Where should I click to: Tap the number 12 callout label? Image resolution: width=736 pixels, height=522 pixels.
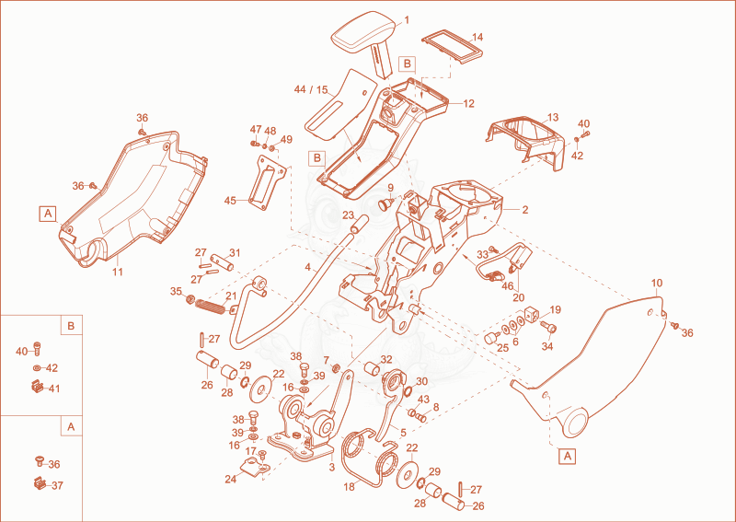point(468,104)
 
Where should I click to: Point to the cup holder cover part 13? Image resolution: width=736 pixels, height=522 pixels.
point(525,139)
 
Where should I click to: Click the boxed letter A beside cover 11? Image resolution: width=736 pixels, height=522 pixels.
point(48,214)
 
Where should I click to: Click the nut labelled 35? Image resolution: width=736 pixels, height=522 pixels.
point(190,298)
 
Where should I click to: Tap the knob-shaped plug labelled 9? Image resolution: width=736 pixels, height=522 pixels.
point(386,203)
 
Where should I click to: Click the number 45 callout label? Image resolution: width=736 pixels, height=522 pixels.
point(230,201)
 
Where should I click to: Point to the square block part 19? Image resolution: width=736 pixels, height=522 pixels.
point(532,314)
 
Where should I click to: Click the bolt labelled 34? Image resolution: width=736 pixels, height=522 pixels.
point(547,327)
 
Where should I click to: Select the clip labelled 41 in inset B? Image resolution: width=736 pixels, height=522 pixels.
point(37,388)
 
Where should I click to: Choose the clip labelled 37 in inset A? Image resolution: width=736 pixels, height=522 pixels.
point(40,482)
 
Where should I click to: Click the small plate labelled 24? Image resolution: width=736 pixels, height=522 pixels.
point(254,468)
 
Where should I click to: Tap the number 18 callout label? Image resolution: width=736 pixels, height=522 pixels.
point(350,487)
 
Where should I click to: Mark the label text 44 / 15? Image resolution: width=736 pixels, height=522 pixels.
point(311,89)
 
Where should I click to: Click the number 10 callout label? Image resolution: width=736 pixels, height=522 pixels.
point(657,283)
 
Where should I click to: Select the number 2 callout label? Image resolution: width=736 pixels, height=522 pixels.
point(525,210)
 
